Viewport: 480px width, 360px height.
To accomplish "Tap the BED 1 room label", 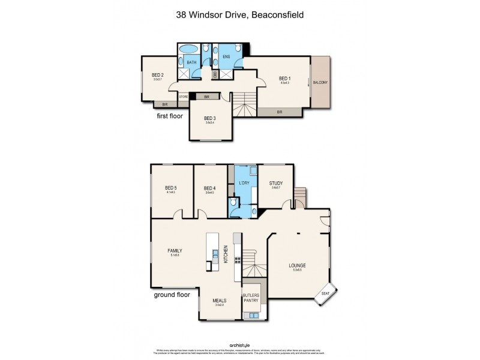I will click(284, 79).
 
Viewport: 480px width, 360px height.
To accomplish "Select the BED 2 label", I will click(158, 75).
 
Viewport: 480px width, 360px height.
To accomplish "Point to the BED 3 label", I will click(209, 118).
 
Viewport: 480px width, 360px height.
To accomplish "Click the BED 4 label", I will click(209, 188).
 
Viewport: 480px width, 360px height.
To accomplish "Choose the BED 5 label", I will click(171, 188).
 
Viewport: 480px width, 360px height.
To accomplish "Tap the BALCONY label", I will click(320, 83).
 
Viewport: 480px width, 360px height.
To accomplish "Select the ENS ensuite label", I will click(226, 57).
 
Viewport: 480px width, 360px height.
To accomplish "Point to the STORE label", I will click(183, 96).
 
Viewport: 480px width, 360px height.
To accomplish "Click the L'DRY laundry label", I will click(244, 182).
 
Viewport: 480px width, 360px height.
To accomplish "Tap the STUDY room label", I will click(276, 184).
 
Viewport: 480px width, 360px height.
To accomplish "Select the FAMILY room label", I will click(175, 251).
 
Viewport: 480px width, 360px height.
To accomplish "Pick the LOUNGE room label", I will click(296, 265).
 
